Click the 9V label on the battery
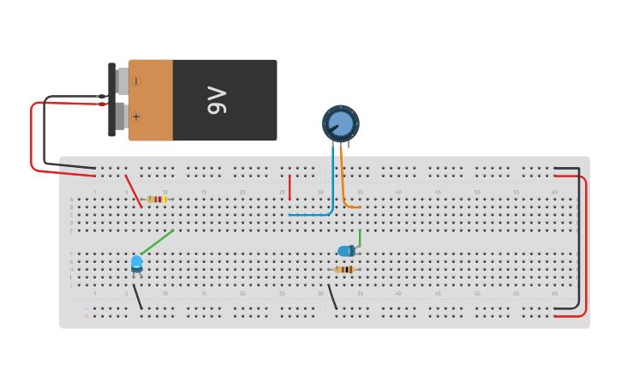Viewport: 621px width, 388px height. point(217,100)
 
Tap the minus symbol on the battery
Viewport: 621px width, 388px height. point(136,81)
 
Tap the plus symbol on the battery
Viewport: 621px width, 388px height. point(136,116)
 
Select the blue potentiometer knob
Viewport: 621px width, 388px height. point(341,123)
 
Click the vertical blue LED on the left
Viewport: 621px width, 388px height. point(137,262)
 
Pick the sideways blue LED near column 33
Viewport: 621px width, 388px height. point(345,251)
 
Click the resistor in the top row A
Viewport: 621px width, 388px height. point(156,200)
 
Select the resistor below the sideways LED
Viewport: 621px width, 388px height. point(343,270)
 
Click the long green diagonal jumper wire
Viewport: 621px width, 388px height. point(157,242)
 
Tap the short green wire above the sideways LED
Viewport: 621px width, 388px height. point(360,237)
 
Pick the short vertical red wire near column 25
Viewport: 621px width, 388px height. point(290,187)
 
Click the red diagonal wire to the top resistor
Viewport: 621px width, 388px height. point(134,191)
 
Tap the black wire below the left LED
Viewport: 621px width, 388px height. point(137,296)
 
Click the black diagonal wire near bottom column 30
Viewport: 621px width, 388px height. point(332,296)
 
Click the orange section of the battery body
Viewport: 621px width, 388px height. point(152,100)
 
